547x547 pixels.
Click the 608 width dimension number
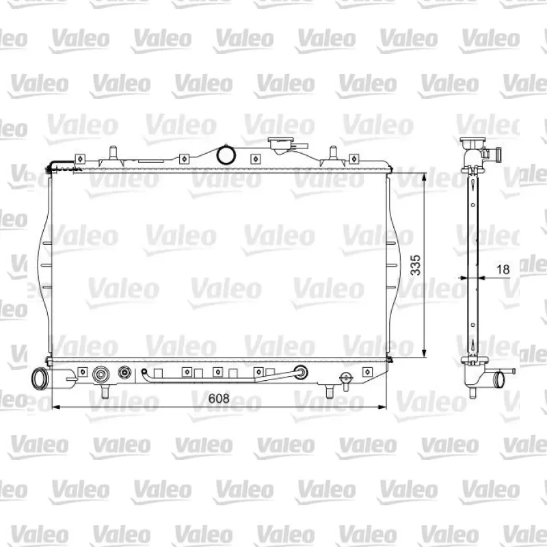219,398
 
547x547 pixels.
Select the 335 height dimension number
415,265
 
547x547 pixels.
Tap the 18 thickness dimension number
503,269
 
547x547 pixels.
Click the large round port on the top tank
226,155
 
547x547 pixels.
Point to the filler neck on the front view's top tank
280,146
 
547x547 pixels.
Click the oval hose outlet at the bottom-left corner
38,378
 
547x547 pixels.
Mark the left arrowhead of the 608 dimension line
55,407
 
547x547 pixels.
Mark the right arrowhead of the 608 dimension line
383,407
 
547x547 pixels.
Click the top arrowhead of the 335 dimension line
424,177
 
